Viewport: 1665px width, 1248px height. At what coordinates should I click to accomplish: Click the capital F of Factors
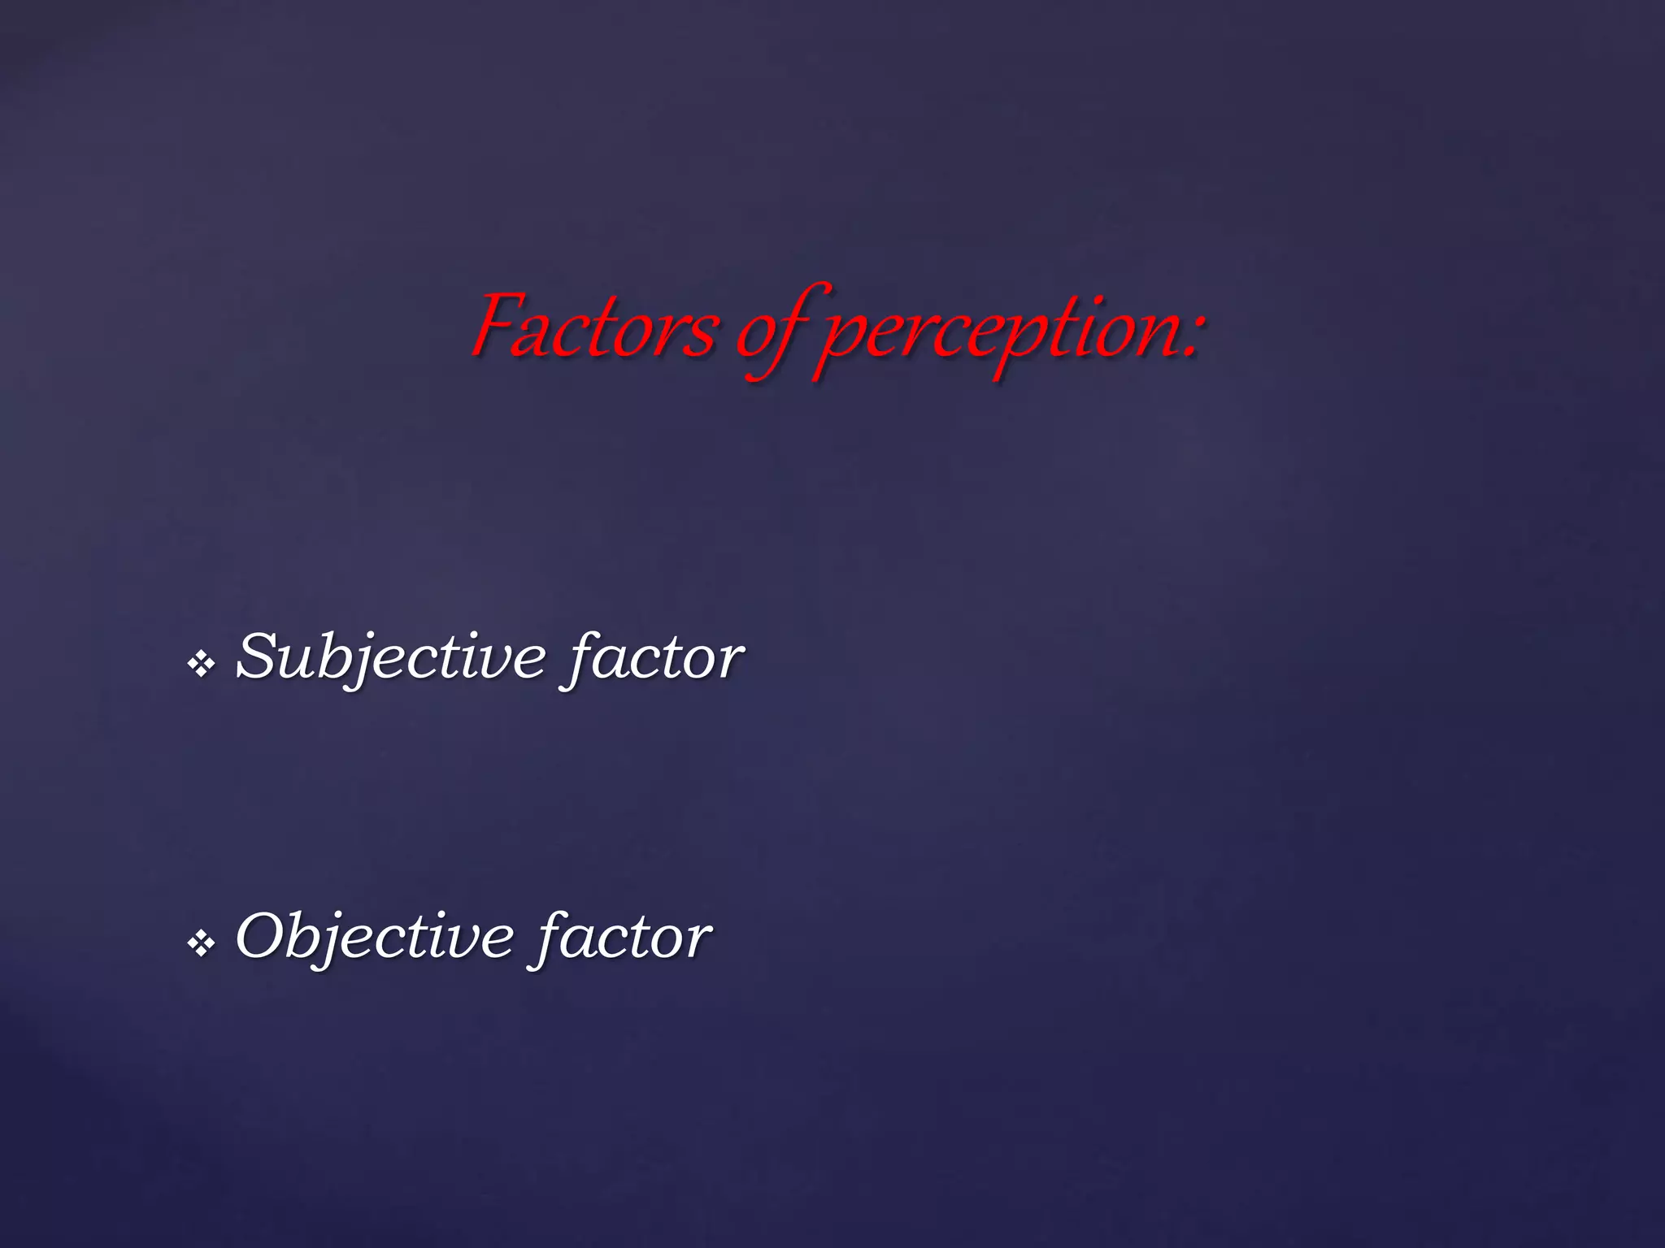click(x=498, y=324)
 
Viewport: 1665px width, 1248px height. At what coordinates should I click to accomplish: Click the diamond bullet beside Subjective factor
click(x=201, y=664)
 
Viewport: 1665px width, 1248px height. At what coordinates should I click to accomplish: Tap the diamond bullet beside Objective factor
click(x=201, y=943)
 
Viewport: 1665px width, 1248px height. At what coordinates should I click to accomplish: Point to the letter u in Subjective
click(x=296, y=661)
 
